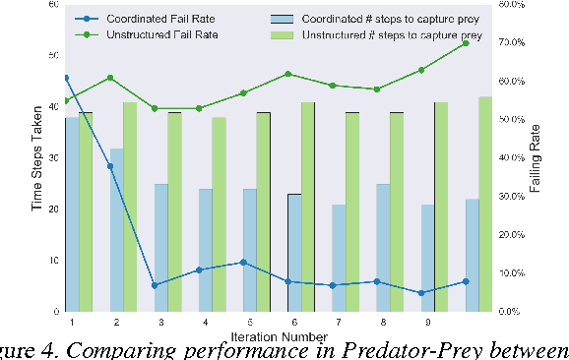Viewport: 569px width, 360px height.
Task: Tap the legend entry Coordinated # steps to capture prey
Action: [379, 18]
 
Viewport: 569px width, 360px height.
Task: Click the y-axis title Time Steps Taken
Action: [37, 158]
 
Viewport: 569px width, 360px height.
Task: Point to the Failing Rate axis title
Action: [536, 158]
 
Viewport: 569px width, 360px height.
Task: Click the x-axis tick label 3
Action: [160, 322]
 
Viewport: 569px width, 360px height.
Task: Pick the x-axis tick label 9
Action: [427, 322]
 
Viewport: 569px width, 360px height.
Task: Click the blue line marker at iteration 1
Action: [66, 78]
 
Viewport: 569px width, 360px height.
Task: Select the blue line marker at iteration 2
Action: [110, 166]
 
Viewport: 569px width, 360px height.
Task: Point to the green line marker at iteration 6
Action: [287, 74]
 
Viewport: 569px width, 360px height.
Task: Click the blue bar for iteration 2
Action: [116, 230]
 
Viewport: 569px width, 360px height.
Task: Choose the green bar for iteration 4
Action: [219, 214]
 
